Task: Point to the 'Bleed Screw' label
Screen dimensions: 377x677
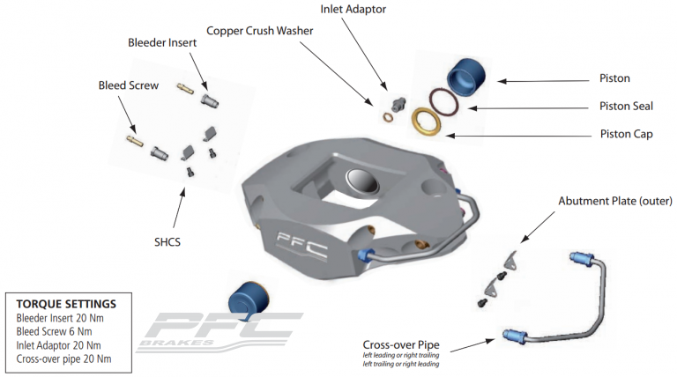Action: coord(129,85)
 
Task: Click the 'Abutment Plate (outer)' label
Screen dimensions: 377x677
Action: coord(614,201)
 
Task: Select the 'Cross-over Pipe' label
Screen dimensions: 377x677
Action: coord(402,345)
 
